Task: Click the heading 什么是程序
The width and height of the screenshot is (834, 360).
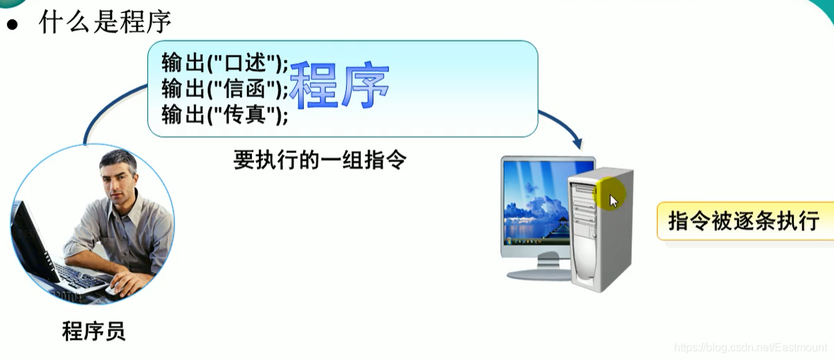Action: pyautogui.click(x=105, y=22)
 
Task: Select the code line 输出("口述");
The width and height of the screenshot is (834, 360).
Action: pyautogui.click(x=224, y=64)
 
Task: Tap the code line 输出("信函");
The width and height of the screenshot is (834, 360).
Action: pyautogui.click(x=224, y=88)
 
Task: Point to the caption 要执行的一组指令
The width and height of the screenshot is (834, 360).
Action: pyautogui.click(x=320, y=161)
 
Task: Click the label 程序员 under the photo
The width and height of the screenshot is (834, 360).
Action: pyautogui.click(x=93, y=330)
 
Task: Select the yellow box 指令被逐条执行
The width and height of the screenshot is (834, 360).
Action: pyautogui.click(x=743, y=222)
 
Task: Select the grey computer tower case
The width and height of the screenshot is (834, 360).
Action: pyautogui.click(x=599, y=232)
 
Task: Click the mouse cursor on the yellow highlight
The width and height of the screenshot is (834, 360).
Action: pyautogui.click(x=613, y=201)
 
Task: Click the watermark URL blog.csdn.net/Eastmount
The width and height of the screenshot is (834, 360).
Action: pyautogui.click(x=750, y=347)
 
